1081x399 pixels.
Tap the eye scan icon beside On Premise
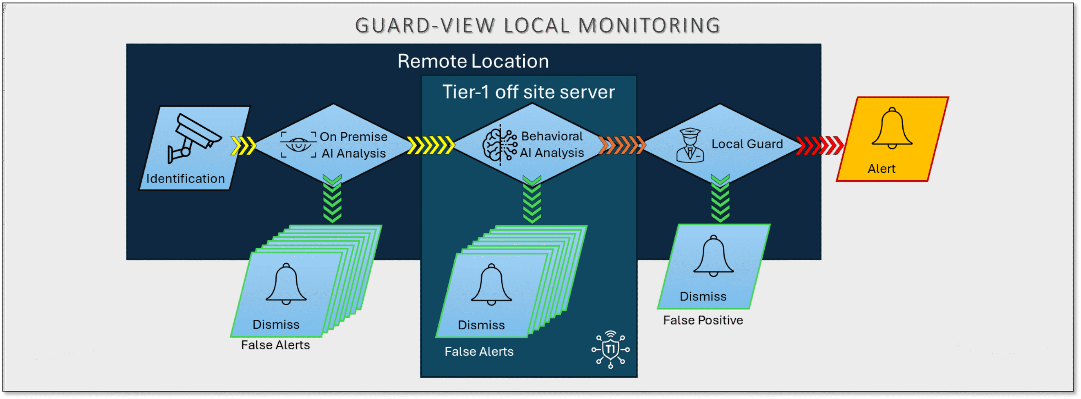pyautogui.click(x=299, y=145)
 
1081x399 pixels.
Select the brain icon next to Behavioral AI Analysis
pyautogui.click(x=500, y=145)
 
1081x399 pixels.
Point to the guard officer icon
pyautogui.click(x=690, y=146)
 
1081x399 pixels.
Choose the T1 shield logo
pyautogui.click(x=611, y=349)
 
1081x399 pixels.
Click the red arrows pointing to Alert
pyautogui.click(x=819, y=145)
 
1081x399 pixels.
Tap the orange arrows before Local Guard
pyautogui.click(x=622, y=145)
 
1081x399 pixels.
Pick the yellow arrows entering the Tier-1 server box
pyautogui.click(x=430, y=145)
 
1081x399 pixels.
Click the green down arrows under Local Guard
pyautogui.click(x=720, y=199)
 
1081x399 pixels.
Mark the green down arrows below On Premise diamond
pyautogui.click(x=332, y=199)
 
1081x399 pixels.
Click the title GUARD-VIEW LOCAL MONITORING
pyautogui.click(x=537, y=25)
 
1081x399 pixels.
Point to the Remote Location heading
pyautogui.click(x=473, y=61)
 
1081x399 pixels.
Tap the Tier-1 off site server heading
pyautogui.click(x=528, y=92)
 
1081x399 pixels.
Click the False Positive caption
pyautogui.click(x=703, y=320)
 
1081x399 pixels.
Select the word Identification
pyautogui.click(x=185, y=178)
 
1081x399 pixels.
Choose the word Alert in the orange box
pyautogui.click(x=881, y=169)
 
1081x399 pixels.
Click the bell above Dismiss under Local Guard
pyautogui.click(x=713, y=256)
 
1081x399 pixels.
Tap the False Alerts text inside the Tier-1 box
pyautogui.click(x=479, y=351)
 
